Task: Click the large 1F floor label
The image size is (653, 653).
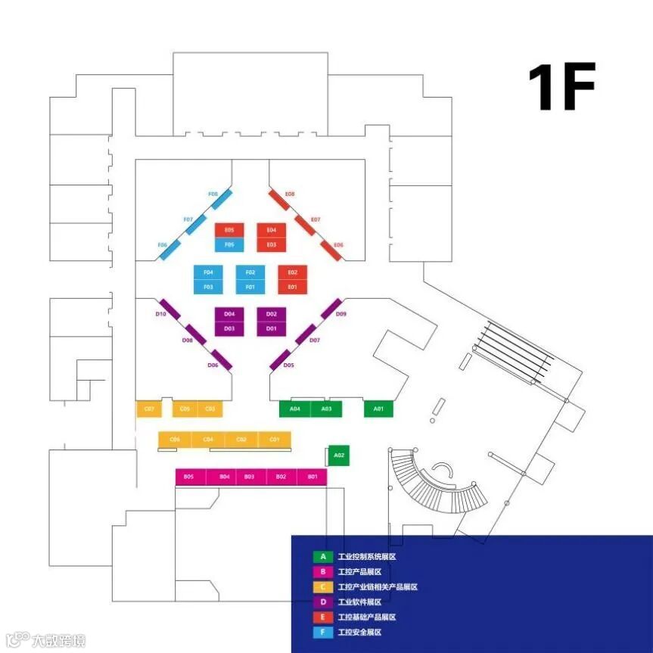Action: click(561, 87)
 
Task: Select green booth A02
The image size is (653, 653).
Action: click(339, 456)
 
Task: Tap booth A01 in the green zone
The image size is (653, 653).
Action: click(379, 409)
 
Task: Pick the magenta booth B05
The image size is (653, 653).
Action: click(188, 477)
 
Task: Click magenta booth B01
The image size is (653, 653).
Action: click(312, 477)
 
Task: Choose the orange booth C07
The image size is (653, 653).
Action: click(149, 409)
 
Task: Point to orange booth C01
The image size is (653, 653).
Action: click(275, 440)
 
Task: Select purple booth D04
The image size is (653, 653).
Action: click(229, 313)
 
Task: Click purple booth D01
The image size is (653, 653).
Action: click(272, 328)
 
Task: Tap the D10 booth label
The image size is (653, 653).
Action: click(160, 314)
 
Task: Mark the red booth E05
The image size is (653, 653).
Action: click(229, 230)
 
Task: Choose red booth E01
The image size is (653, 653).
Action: click(293, 287)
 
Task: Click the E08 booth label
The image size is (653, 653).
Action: click(289, 194)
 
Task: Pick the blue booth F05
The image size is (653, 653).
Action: click(229, 244)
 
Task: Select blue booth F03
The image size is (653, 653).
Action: click(208, 287)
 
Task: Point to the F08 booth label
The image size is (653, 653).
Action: click(213, 194)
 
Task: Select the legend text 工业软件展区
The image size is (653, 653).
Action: click(359, 602)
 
